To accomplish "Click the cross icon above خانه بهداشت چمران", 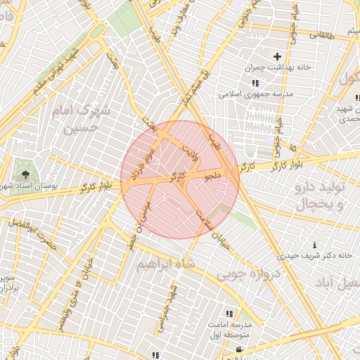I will coord(277,56).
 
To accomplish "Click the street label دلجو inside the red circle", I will coord(213,172).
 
